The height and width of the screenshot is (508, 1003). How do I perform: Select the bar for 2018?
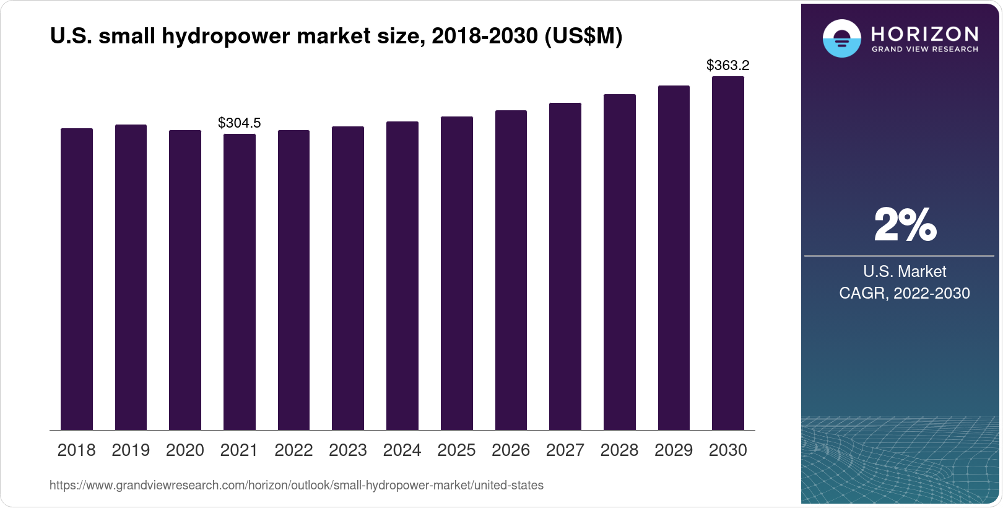click(77, 279)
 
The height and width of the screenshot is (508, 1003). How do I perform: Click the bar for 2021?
click(240, 282)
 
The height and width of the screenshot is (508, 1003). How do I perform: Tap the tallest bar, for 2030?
click(728, 254)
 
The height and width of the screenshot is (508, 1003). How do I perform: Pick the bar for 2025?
click(457, 273)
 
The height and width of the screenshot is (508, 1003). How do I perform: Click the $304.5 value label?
click(240, 123)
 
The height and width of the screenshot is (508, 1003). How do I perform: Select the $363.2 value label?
click(728, 65)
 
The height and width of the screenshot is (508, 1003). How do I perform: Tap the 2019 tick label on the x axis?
click(131, 450)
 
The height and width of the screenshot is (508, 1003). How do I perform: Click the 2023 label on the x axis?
click(348, 450)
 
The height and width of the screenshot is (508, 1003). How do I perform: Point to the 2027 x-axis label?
click(565, 450)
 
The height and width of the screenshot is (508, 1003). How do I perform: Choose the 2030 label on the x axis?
click(728, 450)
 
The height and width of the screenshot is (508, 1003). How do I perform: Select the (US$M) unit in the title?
click(583, 37)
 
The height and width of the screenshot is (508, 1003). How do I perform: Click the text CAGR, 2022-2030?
click(905, 293)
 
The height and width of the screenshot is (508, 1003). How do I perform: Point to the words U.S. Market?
click(905, 271)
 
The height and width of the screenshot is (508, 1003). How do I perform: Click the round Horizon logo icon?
click(841, 38)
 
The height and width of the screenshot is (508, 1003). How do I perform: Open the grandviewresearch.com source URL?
click(297, 486)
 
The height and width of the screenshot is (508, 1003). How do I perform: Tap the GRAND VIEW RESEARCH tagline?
click(925, 49)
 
